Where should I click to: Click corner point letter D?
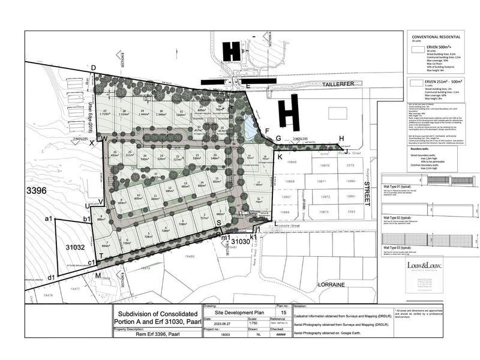click(x=94, y=67)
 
